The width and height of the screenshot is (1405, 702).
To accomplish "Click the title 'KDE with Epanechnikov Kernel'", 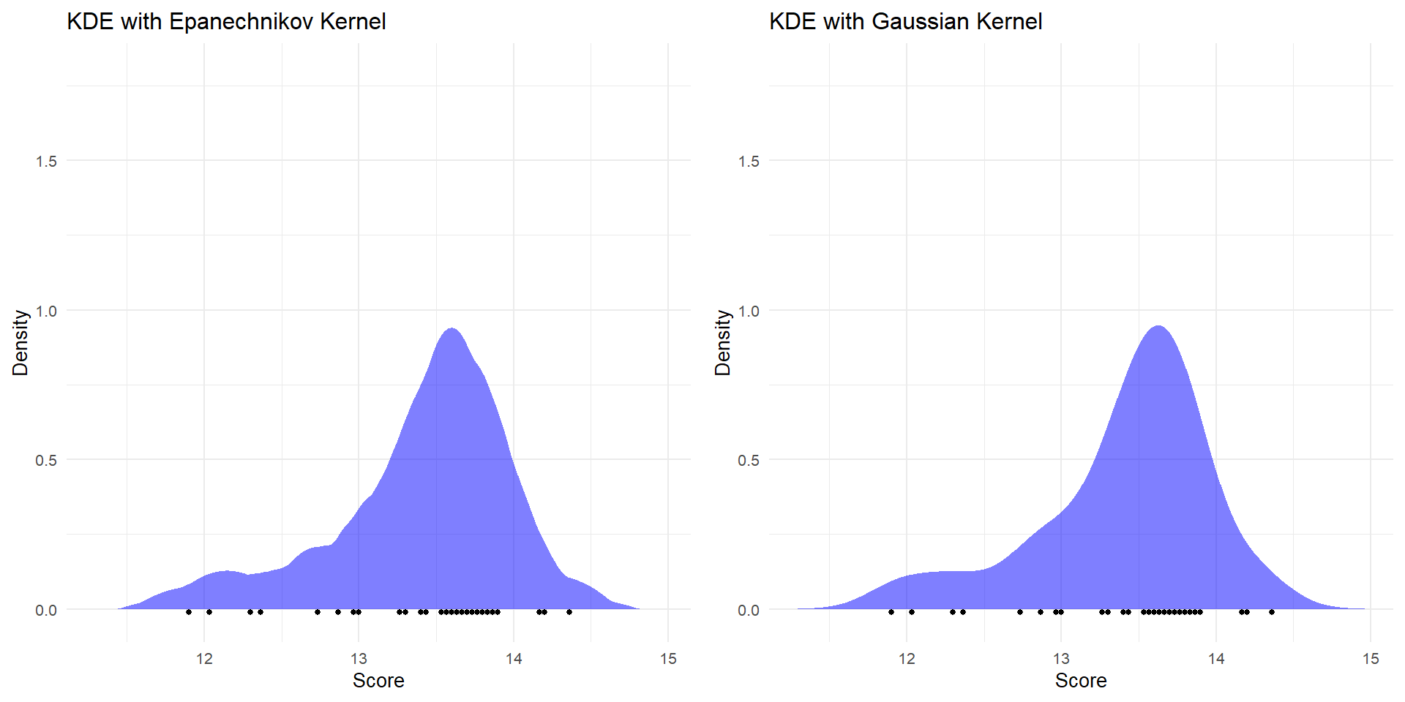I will [x=226, y=21].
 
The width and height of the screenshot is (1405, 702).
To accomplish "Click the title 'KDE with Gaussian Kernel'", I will [x=905, y=21].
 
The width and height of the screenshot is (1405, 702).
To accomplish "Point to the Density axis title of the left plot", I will [x=20, y=343].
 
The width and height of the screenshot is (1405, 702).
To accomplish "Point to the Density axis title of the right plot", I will [x=722, y=343].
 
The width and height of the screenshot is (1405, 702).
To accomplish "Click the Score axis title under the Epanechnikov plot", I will [x=378, y=681].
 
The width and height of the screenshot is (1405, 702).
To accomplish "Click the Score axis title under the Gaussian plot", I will [x=1081, y=681].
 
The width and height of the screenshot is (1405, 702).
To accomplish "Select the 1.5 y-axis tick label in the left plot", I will [x=46, y=162].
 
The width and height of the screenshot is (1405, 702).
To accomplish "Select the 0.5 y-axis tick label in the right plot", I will [x=749, y=461].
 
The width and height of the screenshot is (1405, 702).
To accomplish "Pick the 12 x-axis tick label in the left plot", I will [x=204, y=660].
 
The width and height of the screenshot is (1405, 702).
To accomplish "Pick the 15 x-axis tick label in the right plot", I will [x=1371, y=660].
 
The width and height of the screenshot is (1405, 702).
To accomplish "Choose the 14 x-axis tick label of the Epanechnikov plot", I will [x=514, y=660].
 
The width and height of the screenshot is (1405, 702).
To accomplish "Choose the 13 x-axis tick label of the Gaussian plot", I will [x=1061, y=660].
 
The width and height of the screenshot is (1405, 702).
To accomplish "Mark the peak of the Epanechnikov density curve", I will [x=452, y=329].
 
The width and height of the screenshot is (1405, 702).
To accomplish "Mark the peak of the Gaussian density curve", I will [x=1158, y=327].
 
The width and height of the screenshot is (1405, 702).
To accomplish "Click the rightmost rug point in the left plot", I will [x=569, y=612].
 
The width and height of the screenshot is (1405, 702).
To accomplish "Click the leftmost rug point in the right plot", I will [x=891, y=612].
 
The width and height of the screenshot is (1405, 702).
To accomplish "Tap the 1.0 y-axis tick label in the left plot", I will [x=46, y=312].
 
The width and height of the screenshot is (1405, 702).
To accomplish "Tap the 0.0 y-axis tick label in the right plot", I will [x=749, y=611].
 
